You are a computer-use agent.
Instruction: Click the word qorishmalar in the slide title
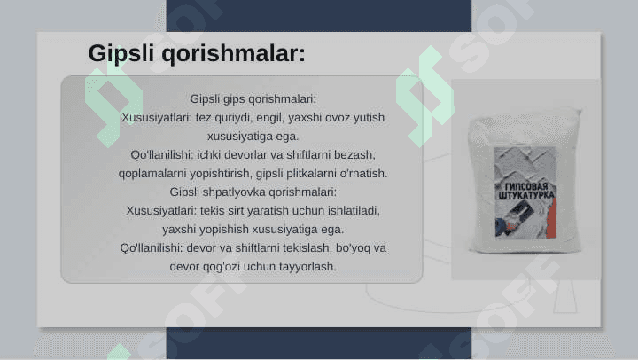coord(233,54)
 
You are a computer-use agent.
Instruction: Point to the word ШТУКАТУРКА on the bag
coord(526,195)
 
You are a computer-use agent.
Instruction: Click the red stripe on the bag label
coord(552,220)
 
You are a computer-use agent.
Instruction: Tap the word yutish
coord(369,118)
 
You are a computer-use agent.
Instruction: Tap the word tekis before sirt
coord(212,210)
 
